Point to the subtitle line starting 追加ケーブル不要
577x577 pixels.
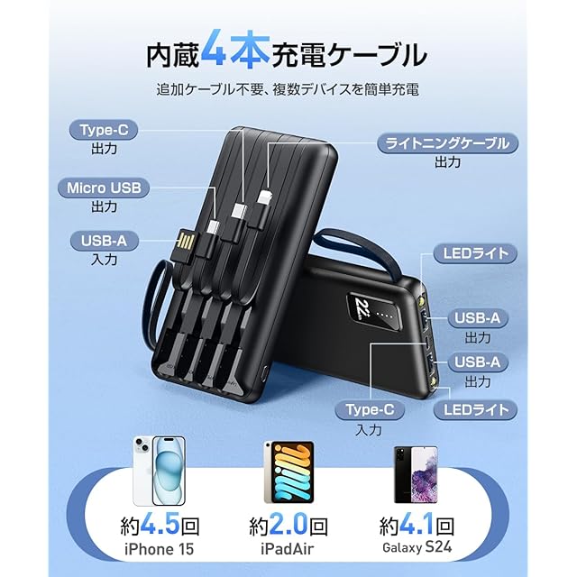pos(288,90)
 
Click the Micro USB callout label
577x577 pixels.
pos(104,188)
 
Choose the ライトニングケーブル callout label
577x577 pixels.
pos(447,142)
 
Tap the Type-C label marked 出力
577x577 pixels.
pos(104,131)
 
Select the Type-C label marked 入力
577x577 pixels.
pos(371,410)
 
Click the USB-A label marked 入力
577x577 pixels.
pos(104,241)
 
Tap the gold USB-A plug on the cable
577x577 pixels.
pos(187,244)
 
